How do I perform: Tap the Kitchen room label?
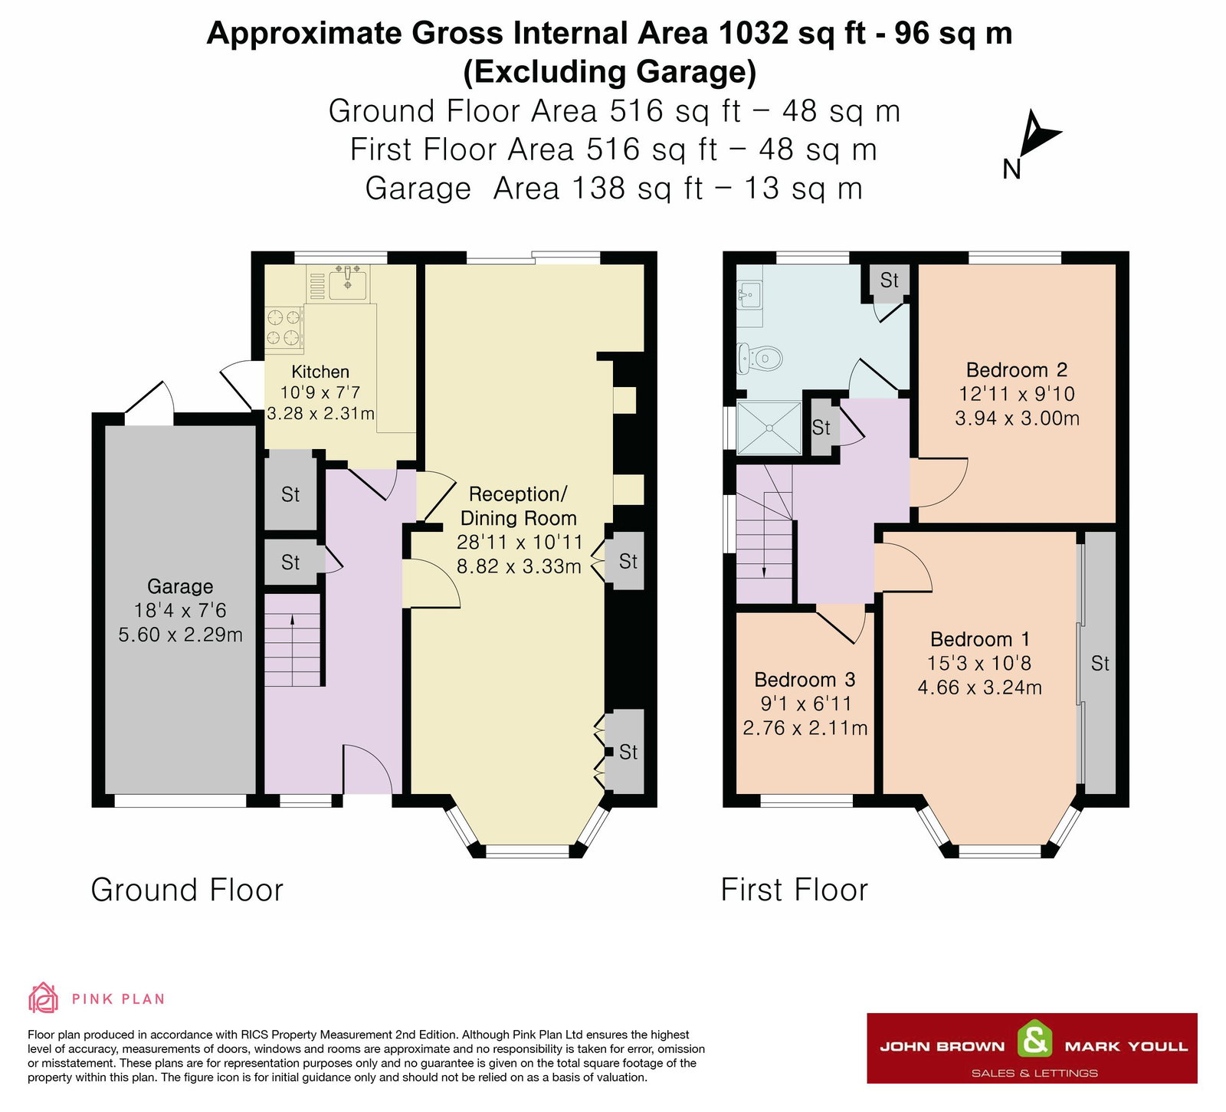tap(320, 372)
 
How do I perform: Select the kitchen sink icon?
tap(349, 283)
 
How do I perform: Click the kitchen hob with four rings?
tap(284, 327)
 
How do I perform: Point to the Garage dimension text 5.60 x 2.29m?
tap(180, 635)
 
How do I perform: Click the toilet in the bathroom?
tap(760, 357)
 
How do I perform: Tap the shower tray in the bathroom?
tap(769, 427)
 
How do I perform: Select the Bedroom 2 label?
tap(1016, 370)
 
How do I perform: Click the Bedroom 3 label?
tap(805, 680)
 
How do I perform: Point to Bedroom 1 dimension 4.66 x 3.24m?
tap(979, 687)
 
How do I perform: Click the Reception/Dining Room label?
tap(518, 506)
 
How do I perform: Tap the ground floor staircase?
tap(293, 640)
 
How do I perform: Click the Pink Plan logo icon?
tap(43, 998)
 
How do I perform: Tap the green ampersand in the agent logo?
tap(1034, 1041)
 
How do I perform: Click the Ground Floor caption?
tap(187, 891)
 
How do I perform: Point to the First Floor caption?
tap(794, 891)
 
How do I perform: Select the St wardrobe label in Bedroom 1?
tap(1100, 664)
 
